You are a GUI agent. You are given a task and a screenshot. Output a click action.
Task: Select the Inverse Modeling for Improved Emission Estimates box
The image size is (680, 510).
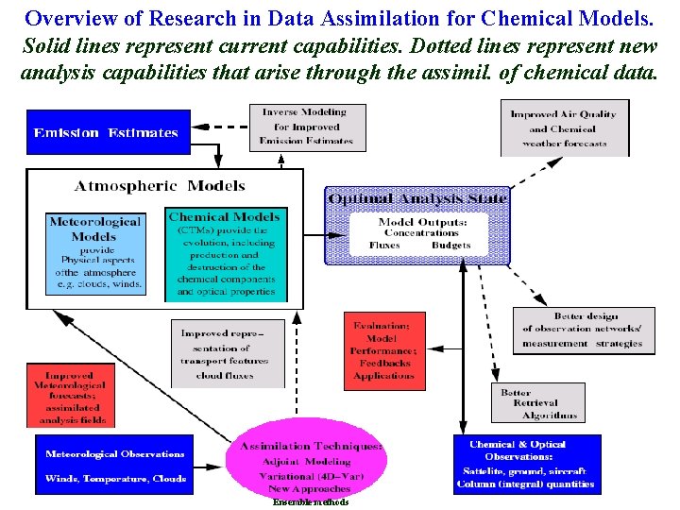(306, 127)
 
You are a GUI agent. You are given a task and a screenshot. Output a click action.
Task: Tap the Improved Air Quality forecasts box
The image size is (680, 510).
(564, 128)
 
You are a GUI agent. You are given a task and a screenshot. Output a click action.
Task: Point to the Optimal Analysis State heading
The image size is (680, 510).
(417, 197)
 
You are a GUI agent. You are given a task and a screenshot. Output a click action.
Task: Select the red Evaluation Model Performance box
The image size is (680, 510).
(383, 350)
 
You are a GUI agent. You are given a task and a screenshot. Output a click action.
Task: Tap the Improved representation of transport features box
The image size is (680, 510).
(230, 353)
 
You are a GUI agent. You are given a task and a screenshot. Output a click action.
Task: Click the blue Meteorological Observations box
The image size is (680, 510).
(114, 466)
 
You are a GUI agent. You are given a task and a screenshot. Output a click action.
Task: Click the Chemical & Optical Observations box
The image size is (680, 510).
(527, 464)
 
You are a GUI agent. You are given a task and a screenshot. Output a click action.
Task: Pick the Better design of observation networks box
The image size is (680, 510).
(583, 331)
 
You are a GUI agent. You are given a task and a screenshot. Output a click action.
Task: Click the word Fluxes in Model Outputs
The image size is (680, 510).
(383, 245)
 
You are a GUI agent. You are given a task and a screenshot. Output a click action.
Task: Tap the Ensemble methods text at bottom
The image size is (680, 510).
(311, 502)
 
